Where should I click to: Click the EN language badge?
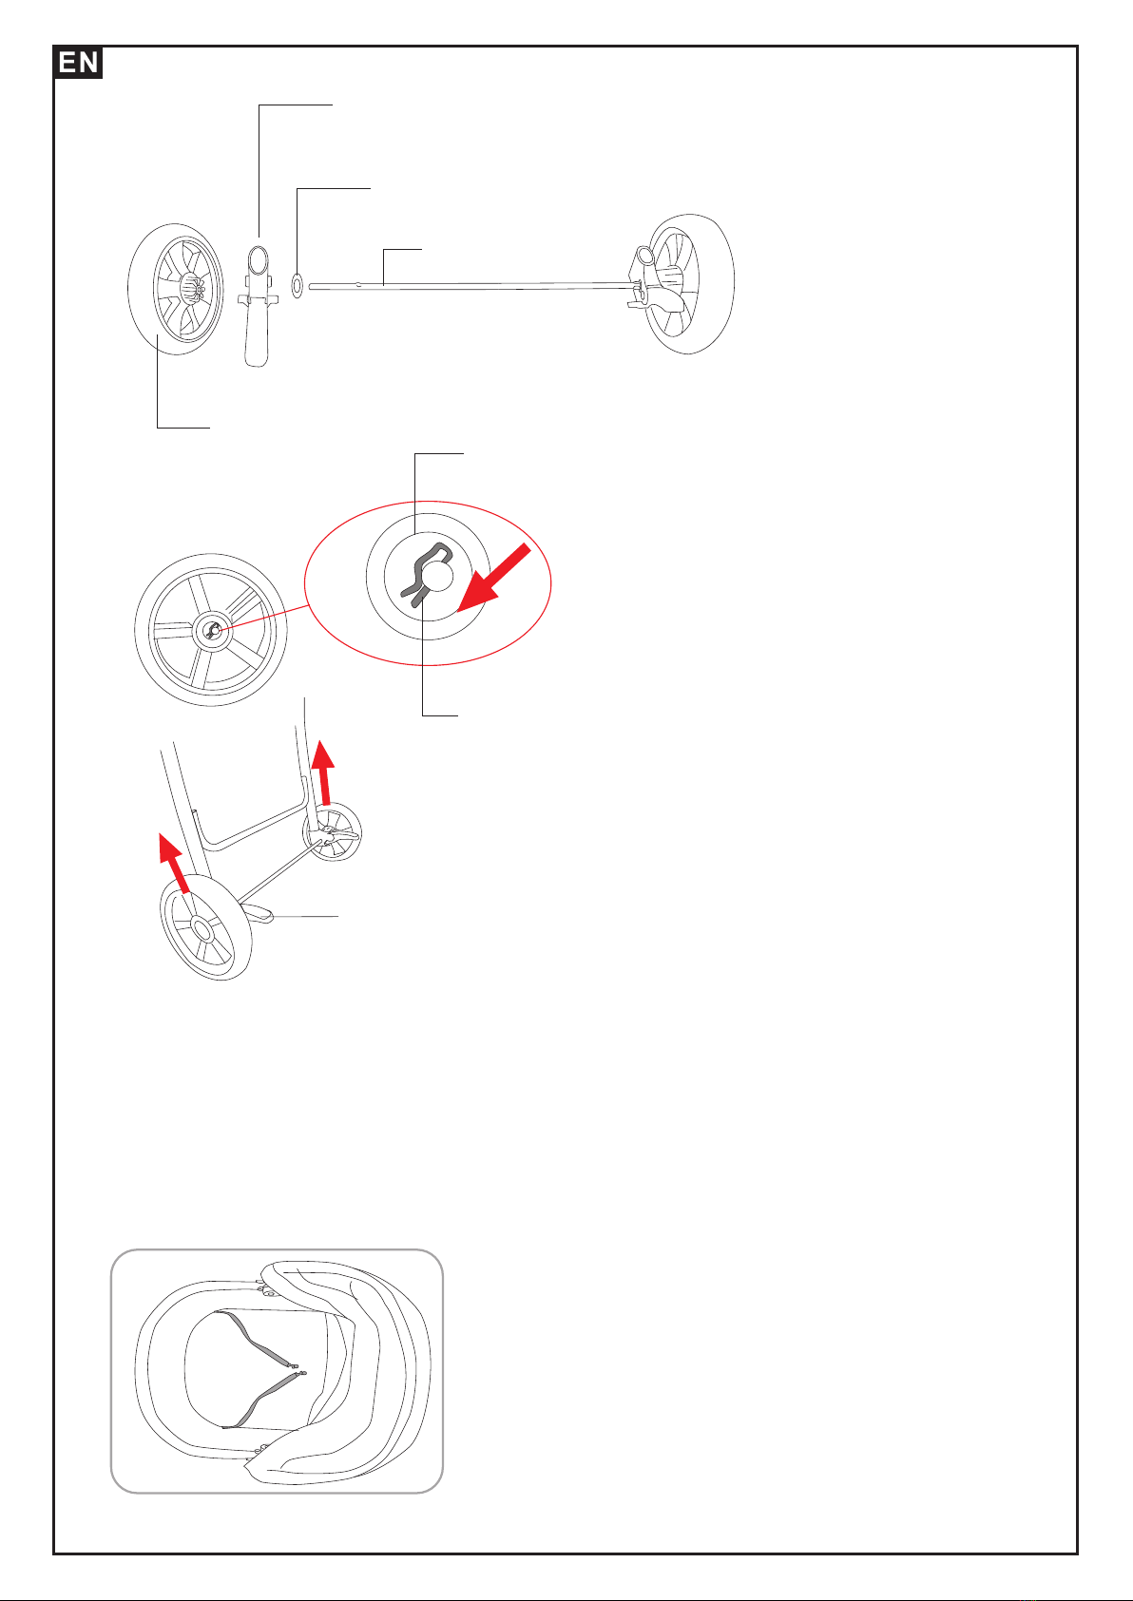tap(78, 62)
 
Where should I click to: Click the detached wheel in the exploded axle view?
tap(176, 289)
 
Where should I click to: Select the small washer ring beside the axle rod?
tap(297, 285)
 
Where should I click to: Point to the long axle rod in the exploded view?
tap(471, 287)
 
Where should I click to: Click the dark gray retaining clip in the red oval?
tap(426, 573)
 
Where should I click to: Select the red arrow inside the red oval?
tap(494, 578)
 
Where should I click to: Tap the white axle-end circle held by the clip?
tap(437, 575)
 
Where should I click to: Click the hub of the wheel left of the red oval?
tap(212, 630)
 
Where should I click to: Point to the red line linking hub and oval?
tap(263, 619)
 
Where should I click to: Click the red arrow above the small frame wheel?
tap(324, 772)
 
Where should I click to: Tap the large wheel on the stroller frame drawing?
tap(206, 927)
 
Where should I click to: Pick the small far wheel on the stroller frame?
tap(333, 831)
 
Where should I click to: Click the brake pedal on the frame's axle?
tap(258, 912)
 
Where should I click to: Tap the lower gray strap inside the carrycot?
tap(264, 1401)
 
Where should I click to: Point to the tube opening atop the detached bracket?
tap(258, 257)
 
